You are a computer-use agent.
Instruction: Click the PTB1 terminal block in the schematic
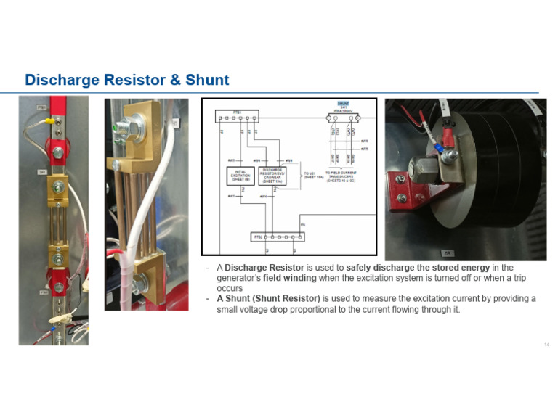click(237, 117)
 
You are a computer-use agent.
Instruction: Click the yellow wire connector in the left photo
click(53, 123)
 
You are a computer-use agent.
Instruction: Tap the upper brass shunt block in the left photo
click(57, 190)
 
